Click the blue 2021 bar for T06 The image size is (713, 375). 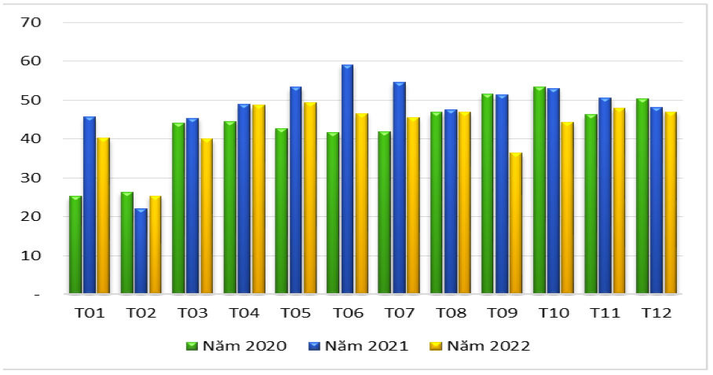[347, 180]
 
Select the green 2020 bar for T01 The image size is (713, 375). [75, 245]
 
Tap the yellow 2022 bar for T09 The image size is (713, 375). [515, 223]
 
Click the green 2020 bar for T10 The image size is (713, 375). [539, 191]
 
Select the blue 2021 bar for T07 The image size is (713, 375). [399, 189]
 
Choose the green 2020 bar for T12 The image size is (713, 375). [642, 197]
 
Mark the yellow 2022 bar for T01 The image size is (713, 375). [103, 216]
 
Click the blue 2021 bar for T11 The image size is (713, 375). [605, 197]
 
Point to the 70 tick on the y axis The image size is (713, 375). [31, 22]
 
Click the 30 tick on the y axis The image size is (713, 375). [31, 178]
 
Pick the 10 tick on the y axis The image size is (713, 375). [31, 256]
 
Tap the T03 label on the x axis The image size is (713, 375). [192, 313]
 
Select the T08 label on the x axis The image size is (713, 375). [450, 313]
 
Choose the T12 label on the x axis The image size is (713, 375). [656, 313]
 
